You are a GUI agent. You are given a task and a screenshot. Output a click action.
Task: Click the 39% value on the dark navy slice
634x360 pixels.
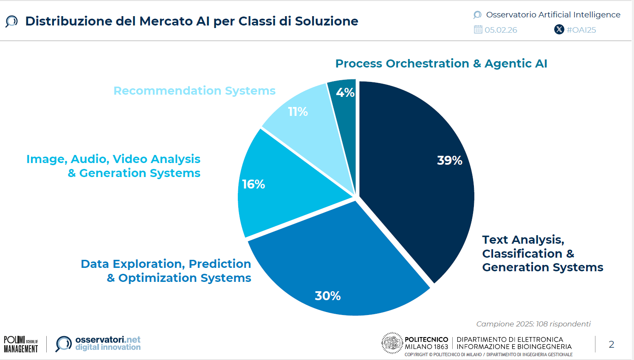click(449, 160)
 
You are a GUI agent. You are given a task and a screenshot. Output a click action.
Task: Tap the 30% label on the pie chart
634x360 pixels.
click(328, 296)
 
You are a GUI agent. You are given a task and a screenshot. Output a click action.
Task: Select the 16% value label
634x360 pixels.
click(254, 184)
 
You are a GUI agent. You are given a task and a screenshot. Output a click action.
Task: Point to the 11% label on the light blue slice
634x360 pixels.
click(298, 112)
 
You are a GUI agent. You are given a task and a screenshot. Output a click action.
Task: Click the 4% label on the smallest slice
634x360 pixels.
click(345, 93)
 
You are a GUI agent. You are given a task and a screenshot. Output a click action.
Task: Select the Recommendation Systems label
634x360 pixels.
click(194, 91)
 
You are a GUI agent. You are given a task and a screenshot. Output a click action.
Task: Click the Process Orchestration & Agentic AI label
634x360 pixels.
click(441, 63)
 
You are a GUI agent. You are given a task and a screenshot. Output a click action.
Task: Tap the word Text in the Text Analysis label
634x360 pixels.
click(495, 240)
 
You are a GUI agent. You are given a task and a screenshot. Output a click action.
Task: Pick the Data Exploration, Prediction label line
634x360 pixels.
click(166, 264)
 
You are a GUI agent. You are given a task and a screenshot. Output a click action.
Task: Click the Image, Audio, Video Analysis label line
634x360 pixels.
click(113, 159)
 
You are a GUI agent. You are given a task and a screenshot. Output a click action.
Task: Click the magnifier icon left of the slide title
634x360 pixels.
click(11, 22)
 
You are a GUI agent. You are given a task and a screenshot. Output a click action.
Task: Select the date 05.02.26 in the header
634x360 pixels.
click(501, 30)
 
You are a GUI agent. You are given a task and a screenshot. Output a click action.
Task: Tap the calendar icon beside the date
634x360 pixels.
click(478, 29)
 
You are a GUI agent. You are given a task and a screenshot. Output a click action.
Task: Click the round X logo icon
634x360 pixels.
click(559, 29)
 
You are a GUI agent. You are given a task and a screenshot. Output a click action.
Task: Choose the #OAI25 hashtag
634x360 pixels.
click(581, 30)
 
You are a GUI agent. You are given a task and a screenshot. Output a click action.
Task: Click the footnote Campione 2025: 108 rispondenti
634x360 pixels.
click(533, 324)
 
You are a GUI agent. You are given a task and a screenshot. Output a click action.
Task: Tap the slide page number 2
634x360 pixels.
click(611, 344)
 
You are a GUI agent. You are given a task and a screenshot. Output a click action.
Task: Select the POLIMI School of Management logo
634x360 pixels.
click(21, 344)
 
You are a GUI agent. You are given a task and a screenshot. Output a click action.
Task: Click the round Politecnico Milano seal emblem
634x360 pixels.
click(392, 343)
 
